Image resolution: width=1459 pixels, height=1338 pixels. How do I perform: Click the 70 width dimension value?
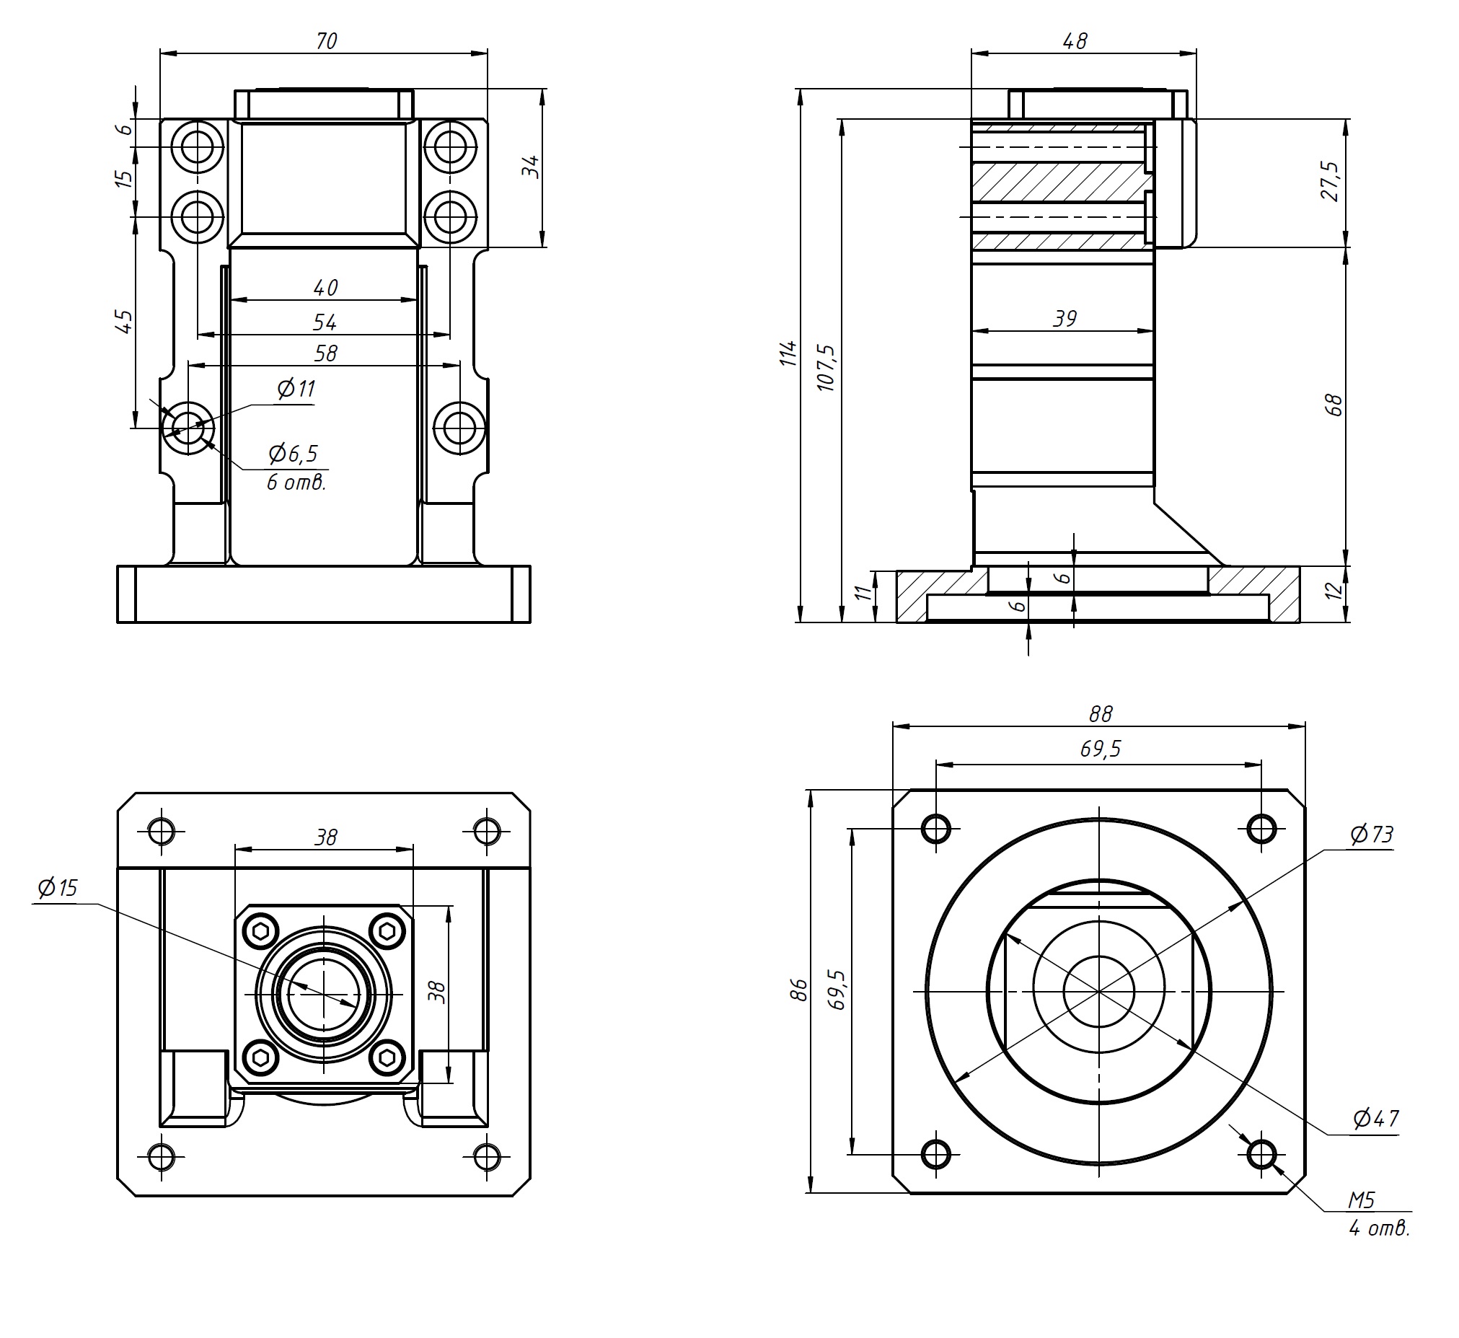(x=327, y=41)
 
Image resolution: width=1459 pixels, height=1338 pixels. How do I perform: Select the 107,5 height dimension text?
(x=827, y=368)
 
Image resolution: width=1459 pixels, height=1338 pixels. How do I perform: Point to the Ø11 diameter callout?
(x=297, y=389)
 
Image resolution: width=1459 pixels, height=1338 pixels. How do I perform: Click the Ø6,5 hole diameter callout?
(x=294, y=454)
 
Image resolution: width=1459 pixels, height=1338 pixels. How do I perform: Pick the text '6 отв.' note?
(x=296, y=483)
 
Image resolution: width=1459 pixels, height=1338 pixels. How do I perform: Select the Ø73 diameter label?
(x=1372, y=835)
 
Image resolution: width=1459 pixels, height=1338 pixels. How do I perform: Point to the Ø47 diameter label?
(x=1376, y=1119)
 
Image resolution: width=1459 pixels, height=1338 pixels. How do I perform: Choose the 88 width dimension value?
(x=1100, y=715)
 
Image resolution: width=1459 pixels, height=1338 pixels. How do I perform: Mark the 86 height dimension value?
(x=798, y=990)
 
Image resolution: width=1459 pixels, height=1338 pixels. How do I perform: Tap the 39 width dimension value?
(x=1065, y=319)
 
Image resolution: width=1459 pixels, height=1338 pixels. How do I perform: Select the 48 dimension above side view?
(x=1075, y=41)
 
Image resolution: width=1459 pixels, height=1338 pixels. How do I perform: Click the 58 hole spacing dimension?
(x=326, y=353)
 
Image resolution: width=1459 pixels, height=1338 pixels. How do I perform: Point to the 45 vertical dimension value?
(x=125, y=321)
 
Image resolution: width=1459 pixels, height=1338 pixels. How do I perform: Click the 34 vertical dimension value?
(x=532, y=167)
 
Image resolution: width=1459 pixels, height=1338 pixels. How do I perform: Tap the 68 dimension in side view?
(x=1335, y=405)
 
